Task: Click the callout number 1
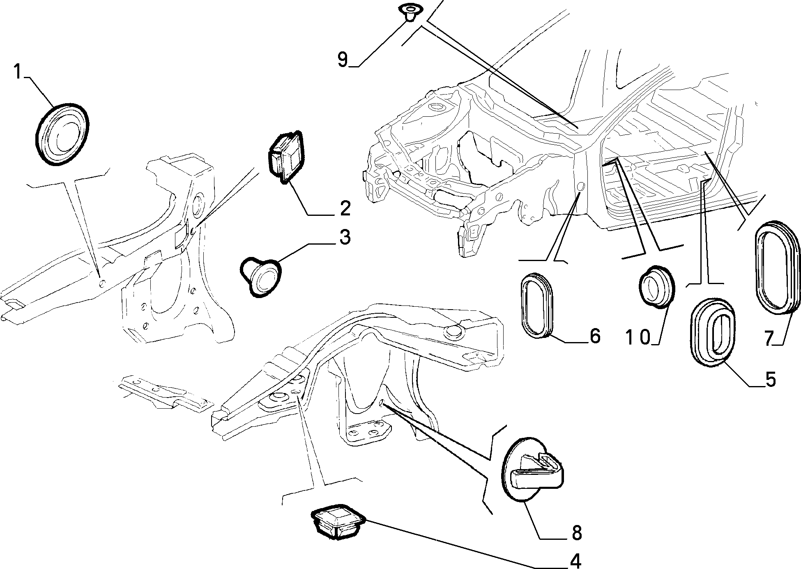click(17, 72)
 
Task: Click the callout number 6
click(594, 336)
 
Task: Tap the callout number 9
click(343, 59)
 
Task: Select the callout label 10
click(639, 337)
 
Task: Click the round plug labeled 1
click(62, 134)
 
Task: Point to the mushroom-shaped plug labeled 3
click(260, 274)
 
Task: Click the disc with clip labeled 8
click(532, 469)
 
